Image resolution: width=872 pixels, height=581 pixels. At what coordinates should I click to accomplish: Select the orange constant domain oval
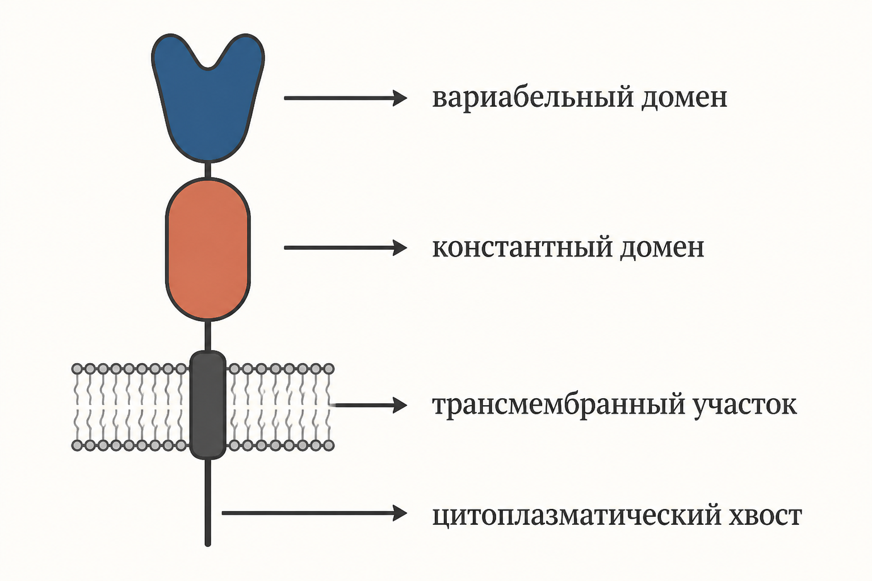pyautogui.click(x=208, y=249)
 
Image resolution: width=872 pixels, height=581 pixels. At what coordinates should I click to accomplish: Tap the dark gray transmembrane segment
pyautogui.click(x=208, y=405)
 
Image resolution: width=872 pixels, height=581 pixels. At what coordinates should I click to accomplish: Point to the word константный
pyautogui.click(x=522, y=247)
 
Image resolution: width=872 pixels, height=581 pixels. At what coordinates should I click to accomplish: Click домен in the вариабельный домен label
pyautogui.click(x=684, y=99)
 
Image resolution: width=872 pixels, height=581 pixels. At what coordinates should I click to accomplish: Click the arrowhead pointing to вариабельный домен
pyautogui.click(x=400, y=98)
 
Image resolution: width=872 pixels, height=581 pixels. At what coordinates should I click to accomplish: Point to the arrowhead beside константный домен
pyautogui.click(x=400, y=247)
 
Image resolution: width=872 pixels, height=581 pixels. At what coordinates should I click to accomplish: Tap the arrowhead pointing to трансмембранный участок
pyautogui.click(x=400, y=405)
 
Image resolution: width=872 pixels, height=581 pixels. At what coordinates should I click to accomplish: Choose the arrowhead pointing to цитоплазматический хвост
pyautogui.click(x=400, y=513)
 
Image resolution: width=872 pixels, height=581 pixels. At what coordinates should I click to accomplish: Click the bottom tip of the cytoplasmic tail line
pyautogui.click(x=208, y=545)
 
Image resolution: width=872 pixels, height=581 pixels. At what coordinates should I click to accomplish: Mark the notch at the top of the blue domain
pyautogui.click(x=208, y=69)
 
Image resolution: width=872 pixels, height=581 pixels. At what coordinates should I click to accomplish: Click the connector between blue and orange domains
pyautogui.click(x=208, y=170)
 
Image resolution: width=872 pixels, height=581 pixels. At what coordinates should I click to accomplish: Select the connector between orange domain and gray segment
pyautogui.click(x=208, y=336)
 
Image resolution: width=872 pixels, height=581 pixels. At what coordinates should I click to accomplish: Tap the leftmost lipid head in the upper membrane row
pyautogui.click(x=77, y=369)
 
